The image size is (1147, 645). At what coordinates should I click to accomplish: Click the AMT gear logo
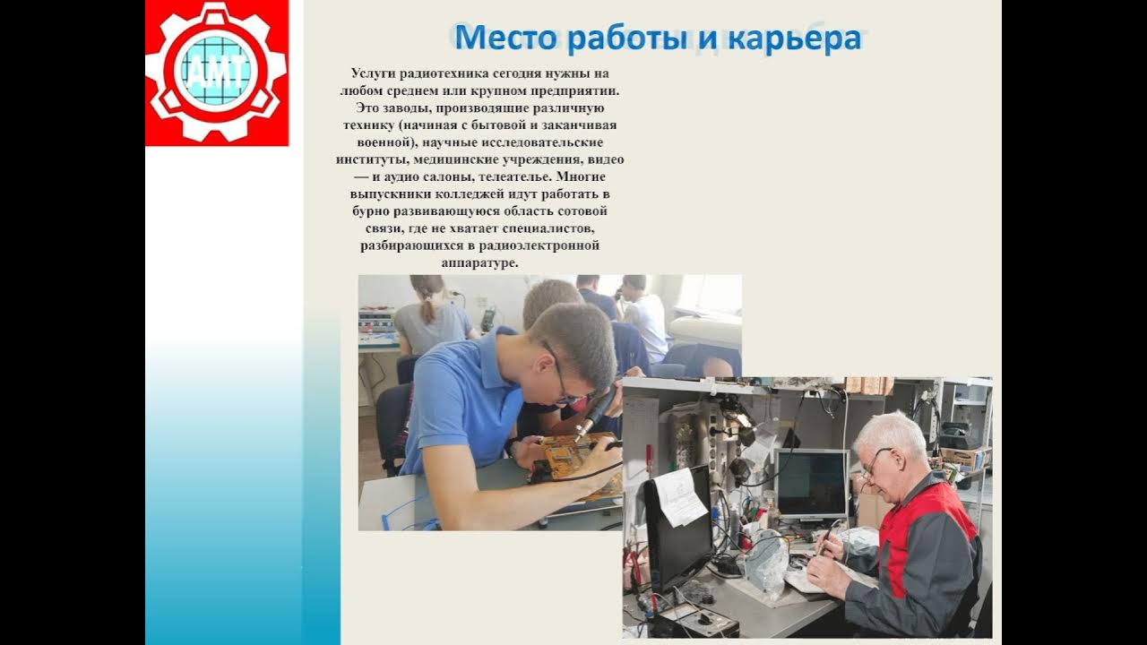click(x=216, y=73)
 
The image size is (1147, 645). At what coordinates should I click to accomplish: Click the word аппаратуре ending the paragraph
click(x=480, y=262)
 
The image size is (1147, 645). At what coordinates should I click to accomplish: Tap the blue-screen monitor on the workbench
click(x=811, y=484)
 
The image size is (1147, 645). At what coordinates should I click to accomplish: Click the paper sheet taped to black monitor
click(x=680, y=497)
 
